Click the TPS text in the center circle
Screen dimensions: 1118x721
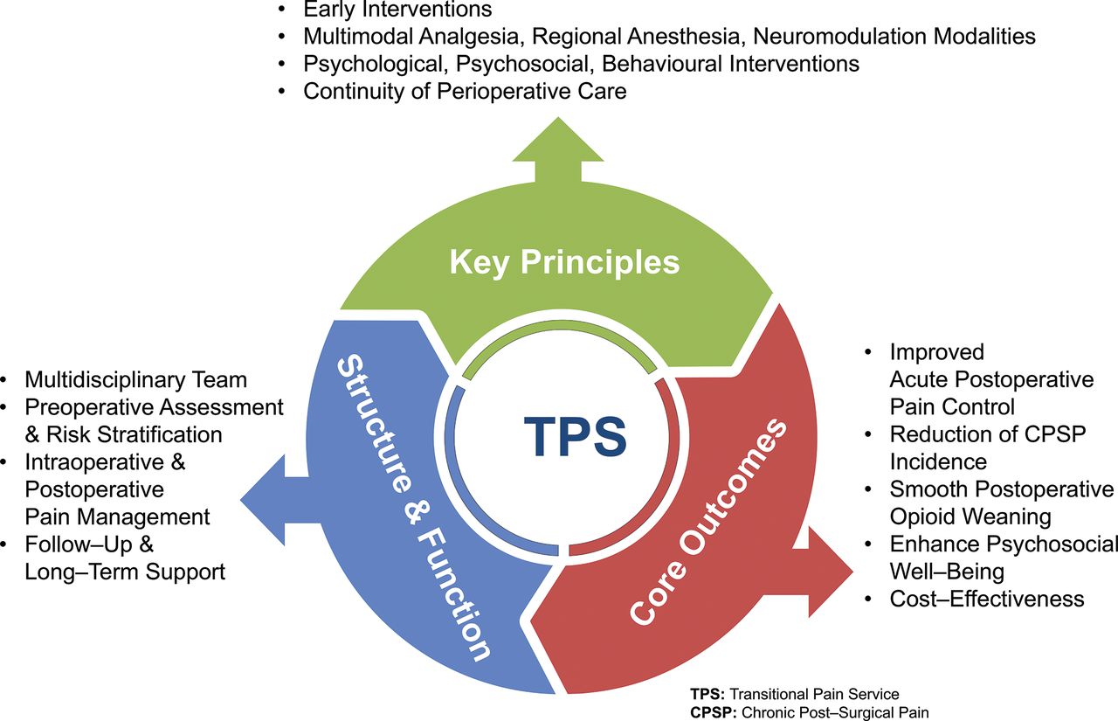[575, 436]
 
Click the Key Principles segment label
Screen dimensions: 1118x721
[564, 261]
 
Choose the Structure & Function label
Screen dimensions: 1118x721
[413, 507]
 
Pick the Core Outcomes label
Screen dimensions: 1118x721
[707, 520]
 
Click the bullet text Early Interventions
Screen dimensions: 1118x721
[397, 9]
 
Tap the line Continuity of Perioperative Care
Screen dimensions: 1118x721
[465, 92]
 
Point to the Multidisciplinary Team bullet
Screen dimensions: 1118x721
[135, 380]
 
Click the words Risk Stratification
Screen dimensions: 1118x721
[135, 435]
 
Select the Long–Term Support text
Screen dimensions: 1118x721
[125, 572]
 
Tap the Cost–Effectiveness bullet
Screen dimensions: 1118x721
[987, 600]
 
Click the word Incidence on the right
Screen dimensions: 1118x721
[938, 461]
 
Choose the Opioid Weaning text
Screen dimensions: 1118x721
[970, 517]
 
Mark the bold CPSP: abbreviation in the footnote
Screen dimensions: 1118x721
[714, 712]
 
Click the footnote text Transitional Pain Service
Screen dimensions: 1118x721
[814, 694]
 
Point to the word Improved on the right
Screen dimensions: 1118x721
[937, 352]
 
